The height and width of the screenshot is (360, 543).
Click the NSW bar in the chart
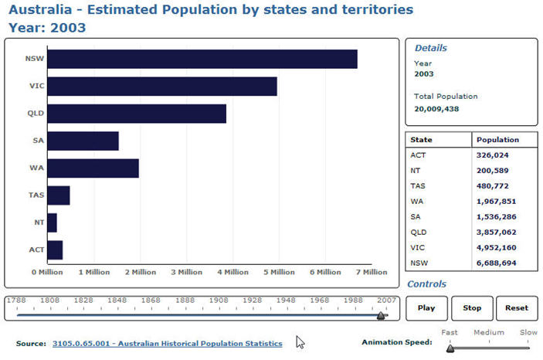click(202, 59)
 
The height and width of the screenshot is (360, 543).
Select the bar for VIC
click(162, 87)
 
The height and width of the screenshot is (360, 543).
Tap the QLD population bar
click(137, 114)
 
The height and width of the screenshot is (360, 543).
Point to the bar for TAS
click(59, 195)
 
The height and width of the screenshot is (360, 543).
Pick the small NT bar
click(52, 222)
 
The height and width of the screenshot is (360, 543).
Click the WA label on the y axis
click(36, 168)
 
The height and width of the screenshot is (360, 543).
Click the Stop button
click(472, 307)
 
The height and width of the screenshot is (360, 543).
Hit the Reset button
click(517, 307)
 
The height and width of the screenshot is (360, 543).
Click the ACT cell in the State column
click(418, 155)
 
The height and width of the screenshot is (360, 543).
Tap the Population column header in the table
click(497, 140)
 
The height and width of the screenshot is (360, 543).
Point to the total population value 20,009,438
click(436, 109)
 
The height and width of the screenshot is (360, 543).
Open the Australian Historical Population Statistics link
click(167, 343)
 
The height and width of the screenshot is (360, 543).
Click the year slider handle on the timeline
click(381, 314)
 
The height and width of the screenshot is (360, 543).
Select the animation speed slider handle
click(450, 348)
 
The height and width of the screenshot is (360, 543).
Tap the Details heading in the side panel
click(430, 48)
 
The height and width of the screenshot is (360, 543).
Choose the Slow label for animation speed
click(528, 333)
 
